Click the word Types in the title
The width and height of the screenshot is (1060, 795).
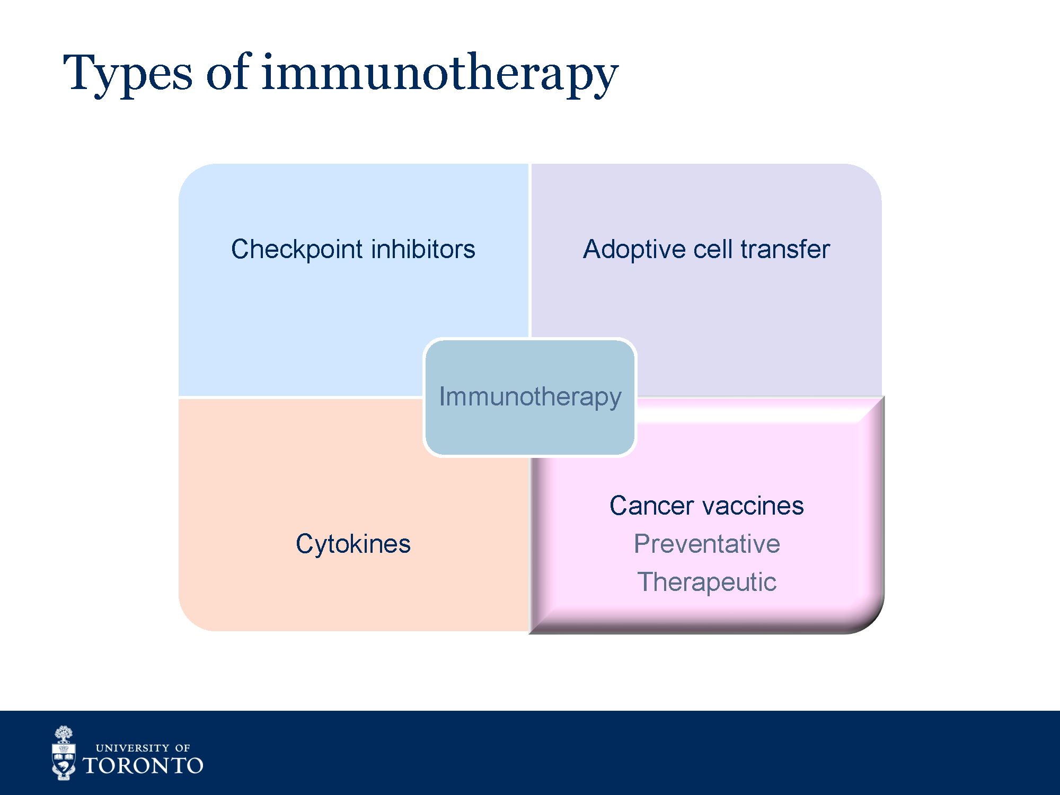pos(128,74)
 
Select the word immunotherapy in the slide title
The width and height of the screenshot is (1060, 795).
pos(440,74)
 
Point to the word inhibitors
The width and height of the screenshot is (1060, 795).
pos(423,249)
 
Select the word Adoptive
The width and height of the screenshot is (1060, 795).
pos(634,250)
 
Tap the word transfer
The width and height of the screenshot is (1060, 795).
pos(785,249)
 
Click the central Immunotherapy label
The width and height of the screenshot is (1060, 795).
pos(530,397)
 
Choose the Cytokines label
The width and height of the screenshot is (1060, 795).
pos(353,544)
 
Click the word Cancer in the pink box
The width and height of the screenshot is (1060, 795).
pos(651,506)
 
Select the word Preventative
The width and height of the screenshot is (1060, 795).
pos(707,544)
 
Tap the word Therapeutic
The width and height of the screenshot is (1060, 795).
pos(707,582)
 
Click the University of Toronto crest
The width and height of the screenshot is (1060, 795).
pos(64,753)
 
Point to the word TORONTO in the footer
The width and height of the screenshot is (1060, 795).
pos(143,766)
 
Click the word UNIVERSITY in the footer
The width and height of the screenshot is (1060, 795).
pos(132,748)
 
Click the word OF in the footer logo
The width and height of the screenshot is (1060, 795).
pos(182,748)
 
